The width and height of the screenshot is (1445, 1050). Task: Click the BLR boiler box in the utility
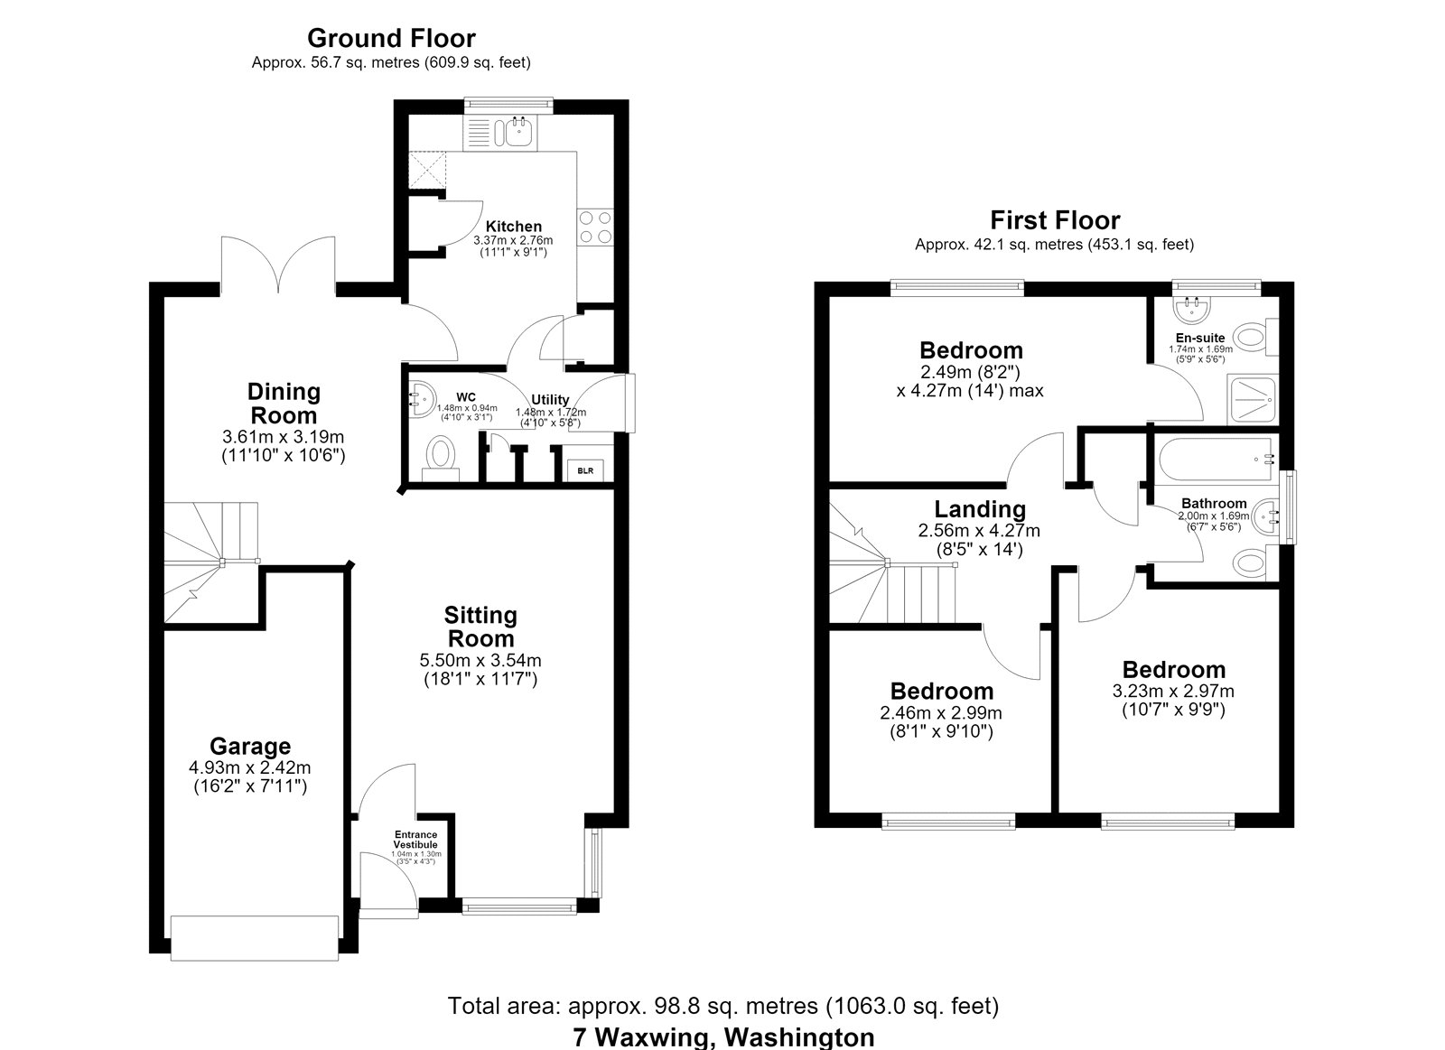click(x=585, y=470)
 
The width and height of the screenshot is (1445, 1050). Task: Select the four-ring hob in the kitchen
click(x=595, y=227)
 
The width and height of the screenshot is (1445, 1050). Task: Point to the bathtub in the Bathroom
click(x=1216, y=460)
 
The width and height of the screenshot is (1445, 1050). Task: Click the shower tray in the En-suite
click(x=1253, y=400)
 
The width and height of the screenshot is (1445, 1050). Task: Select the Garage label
click(x=249, y=747)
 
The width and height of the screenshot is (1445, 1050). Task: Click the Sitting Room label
click(x=480, y=627)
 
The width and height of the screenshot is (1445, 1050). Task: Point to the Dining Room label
click(x=284, y=403)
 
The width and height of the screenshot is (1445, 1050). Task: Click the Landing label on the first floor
click(x=980, y=509)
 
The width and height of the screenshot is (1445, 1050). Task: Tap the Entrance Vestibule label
click(x=416, y=839)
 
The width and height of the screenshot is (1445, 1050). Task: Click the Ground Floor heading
click(x=392, y=39)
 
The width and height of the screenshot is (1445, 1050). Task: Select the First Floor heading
click(x=1056, y=220)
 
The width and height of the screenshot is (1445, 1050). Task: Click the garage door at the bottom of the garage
click(x=255, y=938)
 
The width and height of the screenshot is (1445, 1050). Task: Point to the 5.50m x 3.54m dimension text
click(x=480, y=661)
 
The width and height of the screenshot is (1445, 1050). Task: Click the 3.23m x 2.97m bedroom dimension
click(x=1173, y=691)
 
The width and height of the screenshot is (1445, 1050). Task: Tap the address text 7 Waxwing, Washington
click(x=723, y=1037)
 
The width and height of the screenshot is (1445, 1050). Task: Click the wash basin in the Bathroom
click(x=1265, y=516)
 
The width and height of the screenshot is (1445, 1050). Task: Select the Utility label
click(x=550, y=400)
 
